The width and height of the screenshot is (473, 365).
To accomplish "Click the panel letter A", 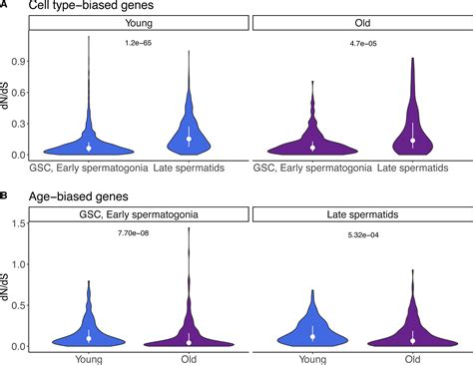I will point(5,6).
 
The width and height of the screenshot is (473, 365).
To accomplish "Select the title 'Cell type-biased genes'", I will point(76,7).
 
